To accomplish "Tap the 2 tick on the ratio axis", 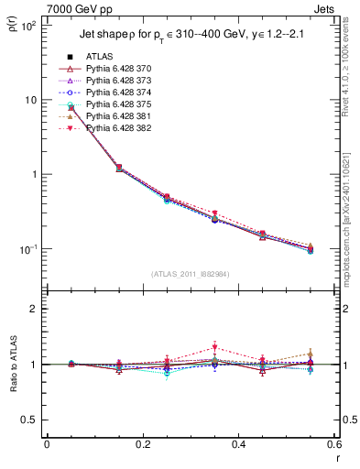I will coord(33,309).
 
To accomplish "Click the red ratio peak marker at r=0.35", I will coord(214,347).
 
